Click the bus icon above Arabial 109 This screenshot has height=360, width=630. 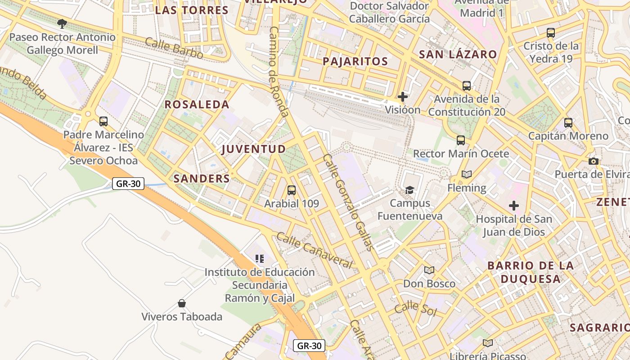(292, 190)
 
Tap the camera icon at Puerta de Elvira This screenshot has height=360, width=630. (594, 161)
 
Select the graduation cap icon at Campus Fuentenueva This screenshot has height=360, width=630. (409, 190)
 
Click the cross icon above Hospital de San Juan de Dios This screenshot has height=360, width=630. (514, 206)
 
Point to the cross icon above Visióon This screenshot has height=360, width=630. (403, 96)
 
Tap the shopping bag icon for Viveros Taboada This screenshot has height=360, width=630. (182, 303)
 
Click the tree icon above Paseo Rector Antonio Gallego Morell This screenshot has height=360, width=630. (62, 23)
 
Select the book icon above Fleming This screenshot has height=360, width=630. (467, 175)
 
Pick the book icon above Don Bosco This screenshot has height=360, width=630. (429, 270)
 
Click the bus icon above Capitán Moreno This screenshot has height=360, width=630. (568, 122)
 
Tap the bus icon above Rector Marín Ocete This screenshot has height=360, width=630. (461, 140)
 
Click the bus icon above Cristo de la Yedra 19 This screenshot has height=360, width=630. (551, 33)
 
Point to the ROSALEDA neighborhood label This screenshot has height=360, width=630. (197, 104)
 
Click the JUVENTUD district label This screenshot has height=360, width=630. (254, 149)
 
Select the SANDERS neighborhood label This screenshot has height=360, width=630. (202, 178)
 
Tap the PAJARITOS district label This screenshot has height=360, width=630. (355, 62)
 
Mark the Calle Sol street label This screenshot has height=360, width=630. (415, 309)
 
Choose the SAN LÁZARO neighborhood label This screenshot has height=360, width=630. (458, 55)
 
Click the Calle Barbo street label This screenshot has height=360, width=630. (174, 48)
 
